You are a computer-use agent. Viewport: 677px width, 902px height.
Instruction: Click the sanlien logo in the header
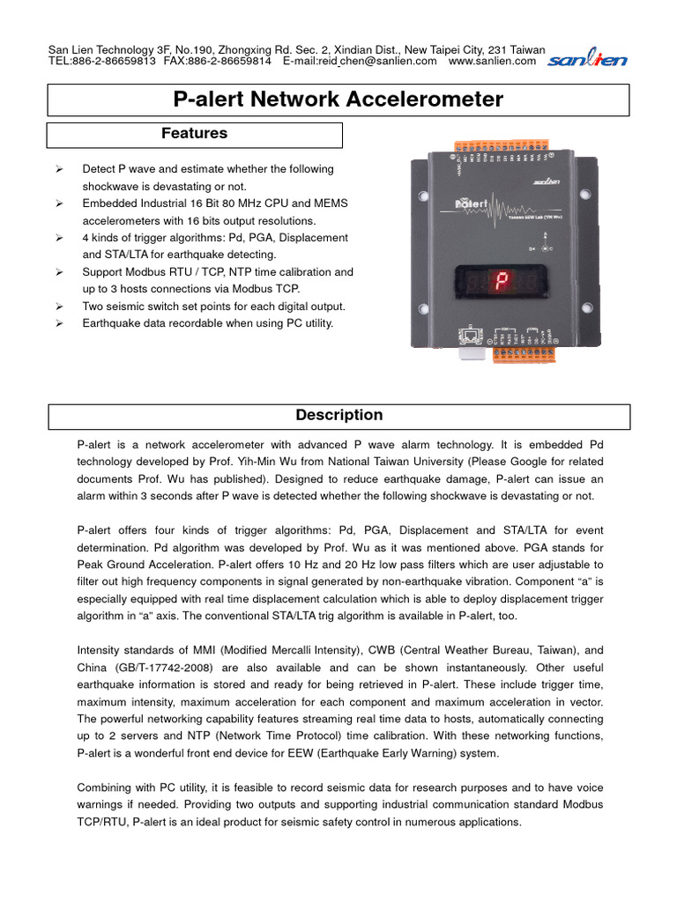[x=587, y=60]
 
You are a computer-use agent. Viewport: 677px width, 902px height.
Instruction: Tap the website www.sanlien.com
[x=492, y=62]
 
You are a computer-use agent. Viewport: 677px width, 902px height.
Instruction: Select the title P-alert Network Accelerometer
[x=338, y=100]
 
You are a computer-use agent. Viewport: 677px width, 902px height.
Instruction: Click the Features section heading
[x=194, y=134]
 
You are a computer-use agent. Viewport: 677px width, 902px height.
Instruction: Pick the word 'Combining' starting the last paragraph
[x=107, y=787]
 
